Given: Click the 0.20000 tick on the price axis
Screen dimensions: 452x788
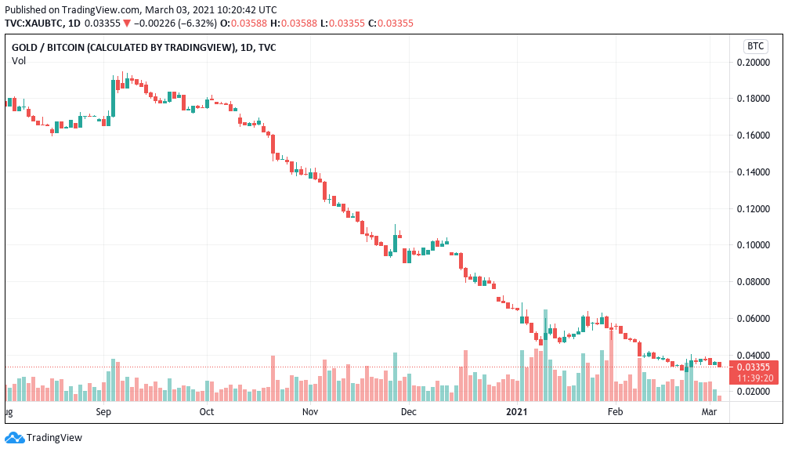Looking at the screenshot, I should (x=755, y=62).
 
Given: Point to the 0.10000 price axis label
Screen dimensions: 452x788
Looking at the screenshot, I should (x=755, y=245).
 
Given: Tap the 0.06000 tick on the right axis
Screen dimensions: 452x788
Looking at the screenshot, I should (x=755, y=318).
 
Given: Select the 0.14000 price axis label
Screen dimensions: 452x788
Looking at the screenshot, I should (x=755, y=172).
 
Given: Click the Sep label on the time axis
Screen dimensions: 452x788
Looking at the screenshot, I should (x=103, y=411).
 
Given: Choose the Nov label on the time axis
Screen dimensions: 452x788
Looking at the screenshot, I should (x=310, y=411).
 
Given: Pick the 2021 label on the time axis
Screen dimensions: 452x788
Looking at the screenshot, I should (x=517, y=411).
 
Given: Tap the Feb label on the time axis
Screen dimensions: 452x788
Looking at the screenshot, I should (x=616, y=411).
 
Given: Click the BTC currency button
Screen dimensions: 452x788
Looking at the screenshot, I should (x=755, y=45).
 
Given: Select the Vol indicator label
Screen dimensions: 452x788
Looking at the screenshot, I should (x=19, y=61).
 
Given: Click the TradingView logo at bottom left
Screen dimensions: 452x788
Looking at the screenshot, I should (x=44, y=438).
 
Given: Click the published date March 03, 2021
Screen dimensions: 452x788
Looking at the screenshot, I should (x=172, y=9).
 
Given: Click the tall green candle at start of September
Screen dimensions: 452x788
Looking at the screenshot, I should (x=113, y=96).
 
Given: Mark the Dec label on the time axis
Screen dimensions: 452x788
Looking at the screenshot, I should (x=408, y=411).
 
